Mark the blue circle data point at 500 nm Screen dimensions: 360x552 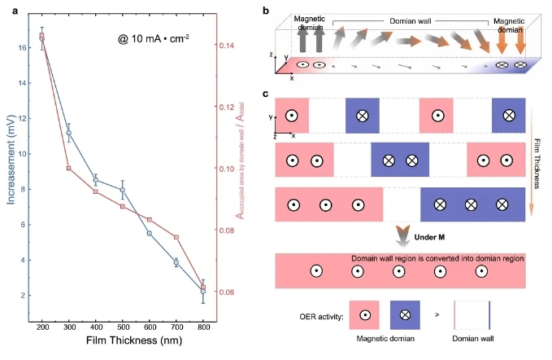pos(123,190)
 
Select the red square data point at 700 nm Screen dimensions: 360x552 pos(176,237)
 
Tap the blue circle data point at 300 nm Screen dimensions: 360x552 pos(69,133)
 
